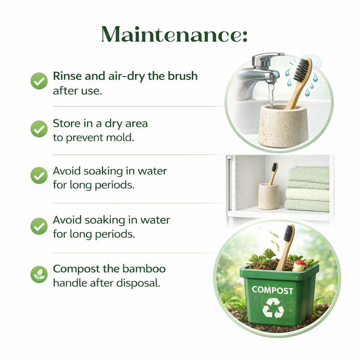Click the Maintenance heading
click(174, 35)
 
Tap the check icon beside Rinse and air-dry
click(39, 81)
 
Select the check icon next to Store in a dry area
click(39, 129)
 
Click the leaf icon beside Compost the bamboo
click(39, 274)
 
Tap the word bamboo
click(144, 269)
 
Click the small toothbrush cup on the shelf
click(269, 196)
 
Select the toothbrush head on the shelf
click(274, 167)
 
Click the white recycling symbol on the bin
click(273, 308)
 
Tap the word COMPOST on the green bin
click(272, 290)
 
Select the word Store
click(66, 124)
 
